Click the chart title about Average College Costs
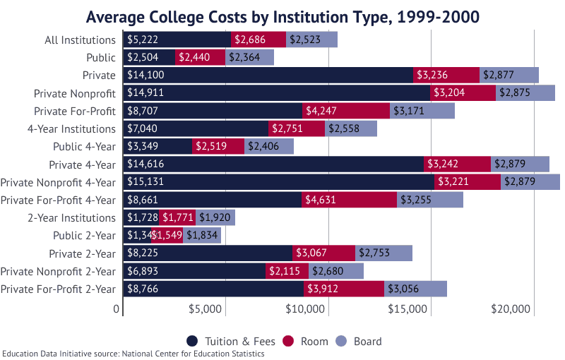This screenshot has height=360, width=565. (282, 16)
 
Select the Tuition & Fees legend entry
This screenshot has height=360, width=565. (232, 342)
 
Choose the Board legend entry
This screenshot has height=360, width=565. (359, 342)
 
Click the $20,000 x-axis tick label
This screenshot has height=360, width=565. (511, 309)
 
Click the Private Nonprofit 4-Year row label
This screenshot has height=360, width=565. (58, 182)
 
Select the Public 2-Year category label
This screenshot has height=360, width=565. (84, 235)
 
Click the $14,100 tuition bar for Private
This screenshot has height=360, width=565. (268, 76)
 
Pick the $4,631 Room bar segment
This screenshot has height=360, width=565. (349, 200)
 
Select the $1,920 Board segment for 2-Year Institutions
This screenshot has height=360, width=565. (215, 217)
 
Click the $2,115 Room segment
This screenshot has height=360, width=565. (287, 271)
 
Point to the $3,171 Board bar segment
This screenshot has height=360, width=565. (422, 111)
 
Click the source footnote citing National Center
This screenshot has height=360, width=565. (133, 354)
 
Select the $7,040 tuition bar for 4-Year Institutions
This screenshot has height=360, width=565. (196, 128)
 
